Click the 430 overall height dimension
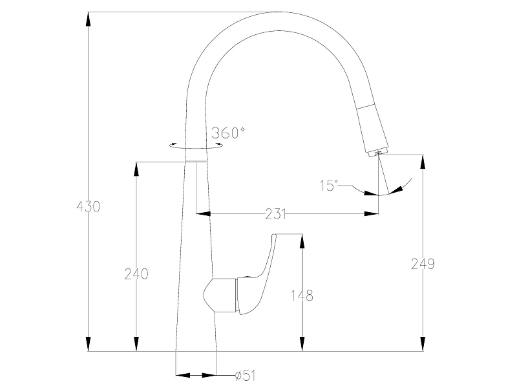tap(88, 206)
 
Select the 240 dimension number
tap(136, 274)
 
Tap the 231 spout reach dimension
tap(276, 214)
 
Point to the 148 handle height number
tap(302, 296)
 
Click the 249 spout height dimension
tap(423, 264)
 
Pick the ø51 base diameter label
tap(246, 376)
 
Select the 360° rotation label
tap(228, 133)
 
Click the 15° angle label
tap(329, 186)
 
